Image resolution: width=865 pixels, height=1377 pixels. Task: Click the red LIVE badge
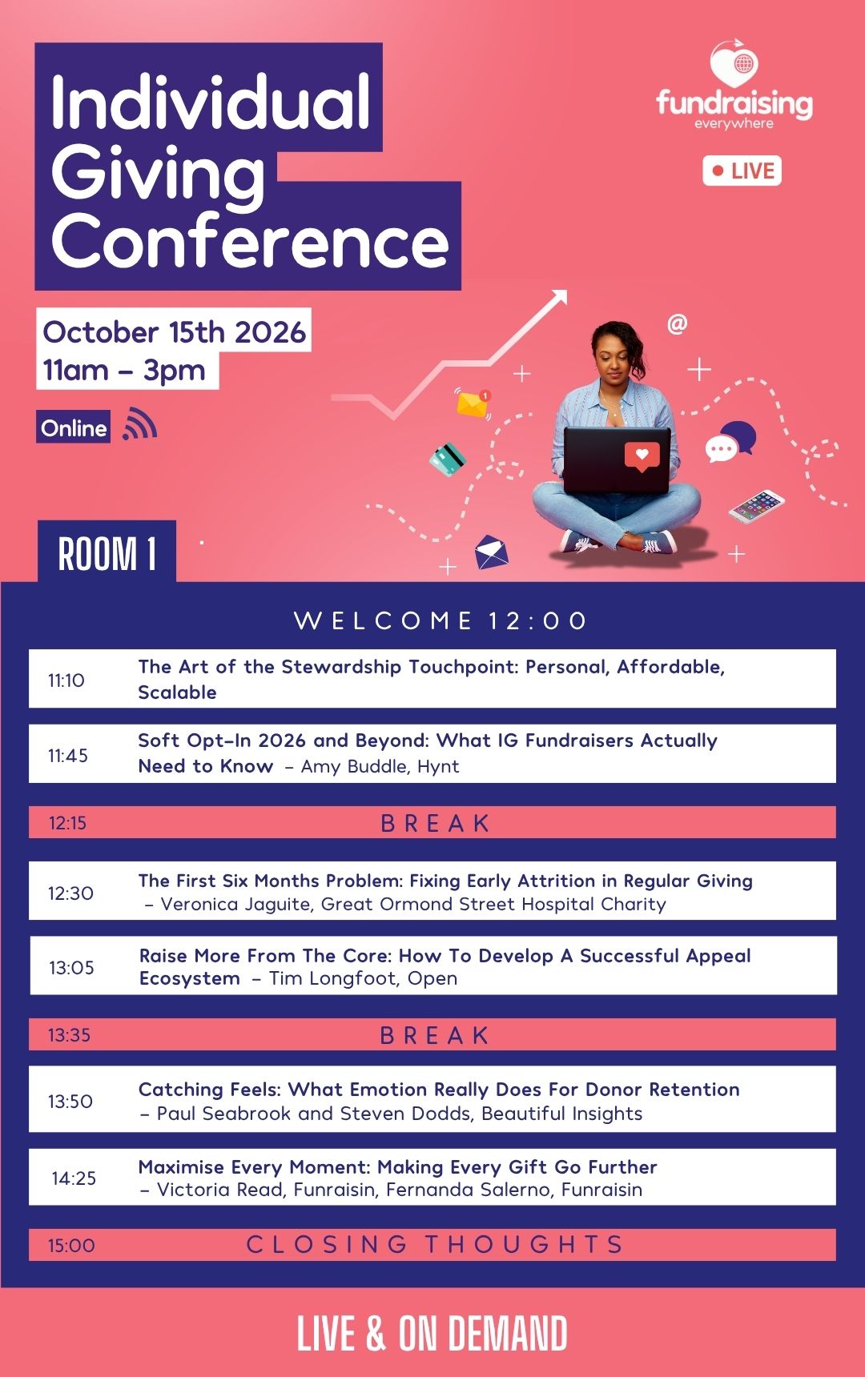742,171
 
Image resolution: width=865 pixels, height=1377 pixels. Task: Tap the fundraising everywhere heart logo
734,64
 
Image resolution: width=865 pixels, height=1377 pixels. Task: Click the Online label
74,428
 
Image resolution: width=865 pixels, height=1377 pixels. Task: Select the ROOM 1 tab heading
107,553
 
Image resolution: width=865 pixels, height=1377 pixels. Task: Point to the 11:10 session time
66,680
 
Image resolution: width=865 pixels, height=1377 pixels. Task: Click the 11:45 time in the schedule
67,756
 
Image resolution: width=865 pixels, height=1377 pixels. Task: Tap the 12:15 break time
67,823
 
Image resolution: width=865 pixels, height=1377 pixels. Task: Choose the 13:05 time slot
71,968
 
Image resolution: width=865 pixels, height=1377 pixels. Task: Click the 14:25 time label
74,1178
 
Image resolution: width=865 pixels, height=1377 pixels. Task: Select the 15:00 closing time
71,1246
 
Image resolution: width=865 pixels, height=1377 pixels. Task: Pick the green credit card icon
448,459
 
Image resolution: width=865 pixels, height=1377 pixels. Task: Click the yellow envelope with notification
473,403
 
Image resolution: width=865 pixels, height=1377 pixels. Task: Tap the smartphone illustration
756,505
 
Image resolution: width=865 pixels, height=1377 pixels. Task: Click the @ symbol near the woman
677,324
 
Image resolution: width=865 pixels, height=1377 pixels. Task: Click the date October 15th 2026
174,332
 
